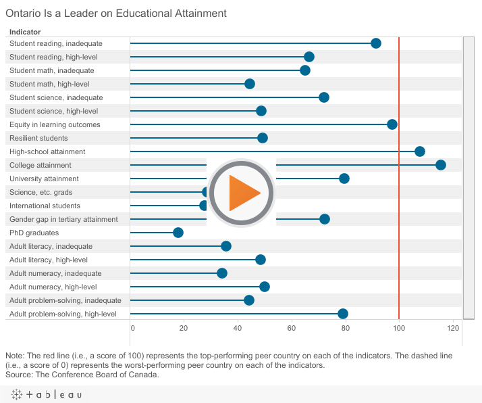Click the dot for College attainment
(441, 165)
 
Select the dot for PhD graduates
(178, 233)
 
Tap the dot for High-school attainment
(420, 151)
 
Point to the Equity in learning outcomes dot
(392, 124)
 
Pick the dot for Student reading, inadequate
(376, 43)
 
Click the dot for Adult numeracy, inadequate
(222, 273)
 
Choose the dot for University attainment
(344, 179)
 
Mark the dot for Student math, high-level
(250, 84)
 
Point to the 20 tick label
(184, 328)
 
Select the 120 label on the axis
(453, 328)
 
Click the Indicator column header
(25, 32)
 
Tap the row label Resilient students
(38, 138)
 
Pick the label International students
(45, 206)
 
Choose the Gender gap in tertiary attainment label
(63, 219)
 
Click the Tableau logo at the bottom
(47, 394)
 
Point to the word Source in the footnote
(19, 375)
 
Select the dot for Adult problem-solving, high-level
(343, 314)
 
